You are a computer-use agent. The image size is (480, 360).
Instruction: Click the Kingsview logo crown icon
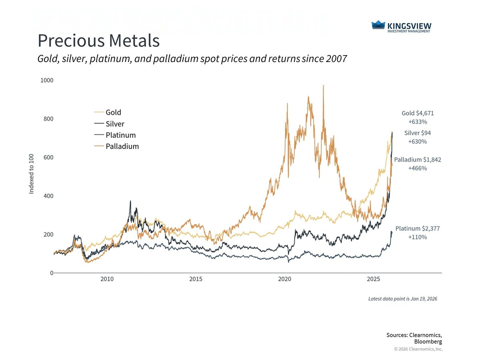(x=378, y=25)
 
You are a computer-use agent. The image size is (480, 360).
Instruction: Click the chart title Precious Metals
(x=98, y=41)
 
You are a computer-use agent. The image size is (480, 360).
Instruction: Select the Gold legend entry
(x=113, y=112)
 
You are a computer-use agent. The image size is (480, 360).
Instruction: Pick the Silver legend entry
(x=115, y=124)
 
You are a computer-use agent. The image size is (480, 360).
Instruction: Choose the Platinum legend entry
(x=120, y=135)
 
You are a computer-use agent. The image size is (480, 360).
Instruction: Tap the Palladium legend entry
(x=122, y=146)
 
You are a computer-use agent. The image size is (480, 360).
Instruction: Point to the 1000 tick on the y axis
(x=47, y=80)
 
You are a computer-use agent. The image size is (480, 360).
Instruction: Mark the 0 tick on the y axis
(x=51, y=273)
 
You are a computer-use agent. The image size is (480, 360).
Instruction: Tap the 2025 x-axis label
(x=373, y=279)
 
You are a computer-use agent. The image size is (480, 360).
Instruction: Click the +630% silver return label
(x=417, y=142)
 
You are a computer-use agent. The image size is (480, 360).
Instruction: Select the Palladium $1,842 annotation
(x=417, y=160)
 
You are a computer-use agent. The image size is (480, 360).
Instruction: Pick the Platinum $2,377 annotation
(x=417, y=229)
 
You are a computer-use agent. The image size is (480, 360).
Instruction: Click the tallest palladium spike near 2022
(x=323, y=86)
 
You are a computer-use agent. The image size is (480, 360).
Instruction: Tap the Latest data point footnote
(x=402, y=299)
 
